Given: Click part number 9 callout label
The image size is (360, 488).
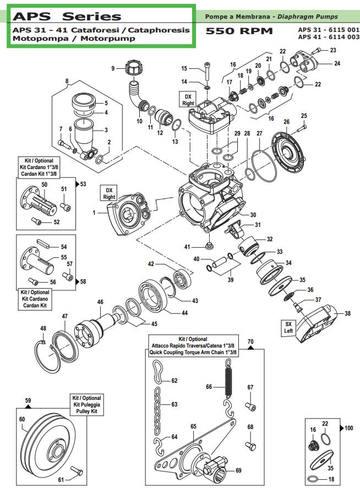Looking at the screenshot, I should click(x=113, y=68).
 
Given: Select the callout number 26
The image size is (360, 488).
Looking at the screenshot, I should click(x=286, y=122).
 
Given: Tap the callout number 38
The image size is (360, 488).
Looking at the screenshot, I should click(x=347, y=313).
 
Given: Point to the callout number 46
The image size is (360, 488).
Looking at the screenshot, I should click(x=100, y=302).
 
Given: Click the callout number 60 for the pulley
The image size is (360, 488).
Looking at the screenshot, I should click(x=23, y=419).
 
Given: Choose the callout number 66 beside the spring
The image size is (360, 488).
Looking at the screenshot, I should click(x=209, y=387).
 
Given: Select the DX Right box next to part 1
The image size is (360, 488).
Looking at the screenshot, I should click(x=109, y=193).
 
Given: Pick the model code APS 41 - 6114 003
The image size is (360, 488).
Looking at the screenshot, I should click(x=328, y=37).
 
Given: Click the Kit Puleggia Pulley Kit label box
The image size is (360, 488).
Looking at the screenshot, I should click(x=87, y=405).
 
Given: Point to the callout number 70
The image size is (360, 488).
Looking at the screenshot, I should click(x=250, y=342).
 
